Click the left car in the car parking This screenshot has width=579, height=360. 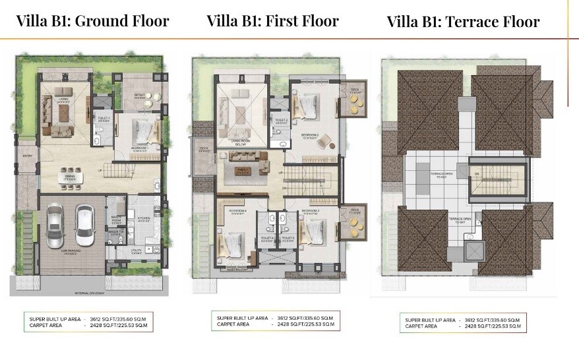[55, 225]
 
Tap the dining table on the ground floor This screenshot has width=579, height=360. [69, 176]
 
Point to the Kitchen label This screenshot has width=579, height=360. [142, 218]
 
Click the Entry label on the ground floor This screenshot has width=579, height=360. [27, 156]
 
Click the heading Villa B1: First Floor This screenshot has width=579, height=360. [272, 20]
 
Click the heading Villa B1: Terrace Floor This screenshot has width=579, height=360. [463, 22]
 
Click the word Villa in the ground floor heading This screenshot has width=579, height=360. [33, 20]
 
